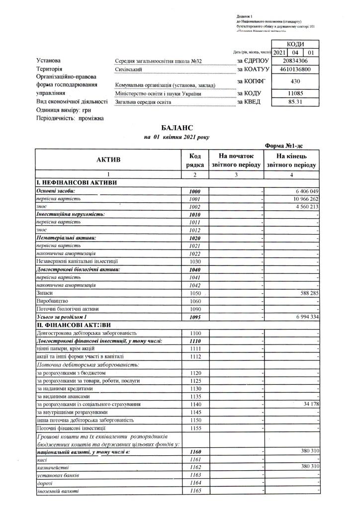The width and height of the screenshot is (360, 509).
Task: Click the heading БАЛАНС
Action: (177, 128)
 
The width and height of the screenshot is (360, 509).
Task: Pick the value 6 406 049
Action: (305, 191)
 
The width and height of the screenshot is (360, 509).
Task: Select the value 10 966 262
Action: (303, 199)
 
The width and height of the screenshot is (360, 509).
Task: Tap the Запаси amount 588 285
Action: (306, 294)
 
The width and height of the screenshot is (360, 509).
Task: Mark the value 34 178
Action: (308, 404)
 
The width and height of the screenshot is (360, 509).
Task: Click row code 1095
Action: (194, 317)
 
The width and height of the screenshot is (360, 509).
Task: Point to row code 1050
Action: (194, 294)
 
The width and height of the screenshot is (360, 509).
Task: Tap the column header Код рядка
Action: (194, 160)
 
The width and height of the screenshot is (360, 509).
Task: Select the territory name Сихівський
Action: (128, 70)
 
